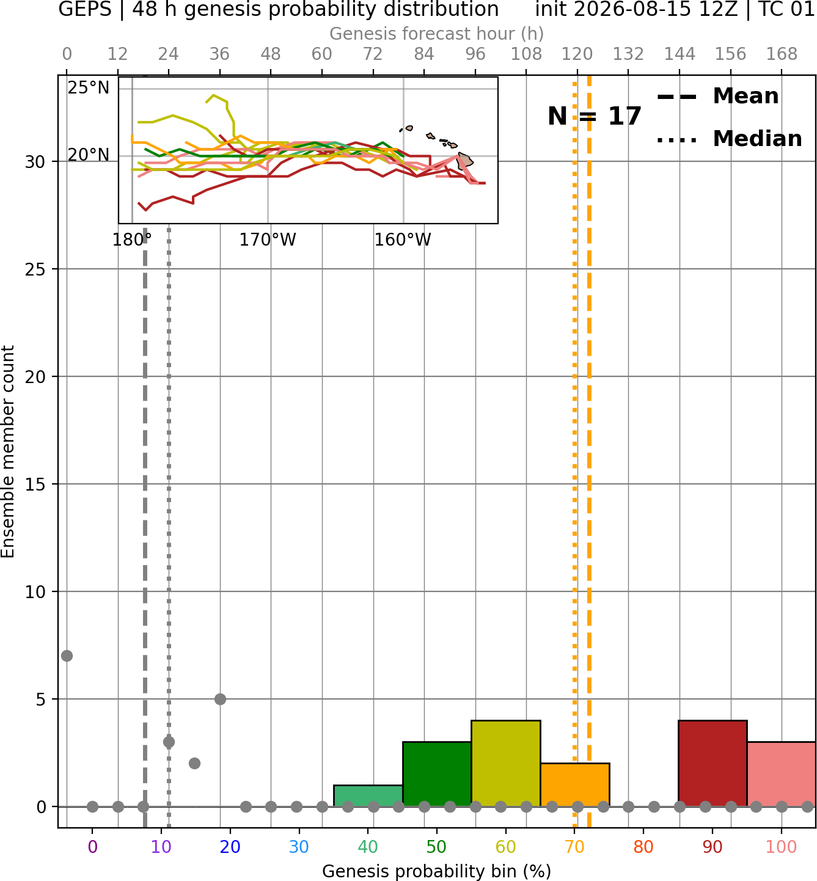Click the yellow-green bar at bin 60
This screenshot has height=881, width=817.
[x=506, y=763]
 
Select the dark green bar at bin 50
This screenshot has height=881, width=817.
[x=437, y=774]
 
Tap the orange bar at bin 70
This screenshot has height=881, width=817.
[x=575, y=784]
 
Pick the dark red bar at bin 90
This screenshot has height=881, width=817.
[x=713, y=763]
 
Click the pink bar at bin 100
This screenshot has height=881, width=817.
[x=782, y=774]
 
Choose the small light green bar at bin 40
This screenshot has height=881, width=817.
[x=368, y=795]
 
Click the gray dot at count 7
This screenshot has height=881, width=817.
[x=67, y=656]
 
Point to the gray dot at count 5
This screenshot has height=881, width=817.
[x=220, y=699]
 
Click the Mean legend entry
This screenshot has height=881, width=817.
[x=717, y=97]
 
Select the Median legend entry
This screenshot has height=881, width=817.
[x=729, y=139]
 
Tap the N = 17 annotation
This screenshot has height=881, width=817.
[x=594, y=116]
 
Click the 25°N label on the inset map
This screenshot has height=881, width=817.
[x=89, y=88]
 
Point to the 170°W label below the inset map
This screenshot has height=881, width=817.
[x=268, y=240]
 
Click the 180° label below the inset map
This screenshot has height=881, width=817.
[x=132, y=240]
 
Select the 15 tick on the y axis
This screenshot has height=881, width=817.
[x=35, y=484]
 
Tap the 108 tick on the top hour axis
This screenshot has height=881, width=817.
[x=526, y=54]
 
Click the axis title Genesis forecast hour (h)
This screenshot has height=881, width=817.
[x=437, y=34]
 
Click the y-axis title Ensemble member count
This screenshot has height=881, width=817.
[x=8, y=451]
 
